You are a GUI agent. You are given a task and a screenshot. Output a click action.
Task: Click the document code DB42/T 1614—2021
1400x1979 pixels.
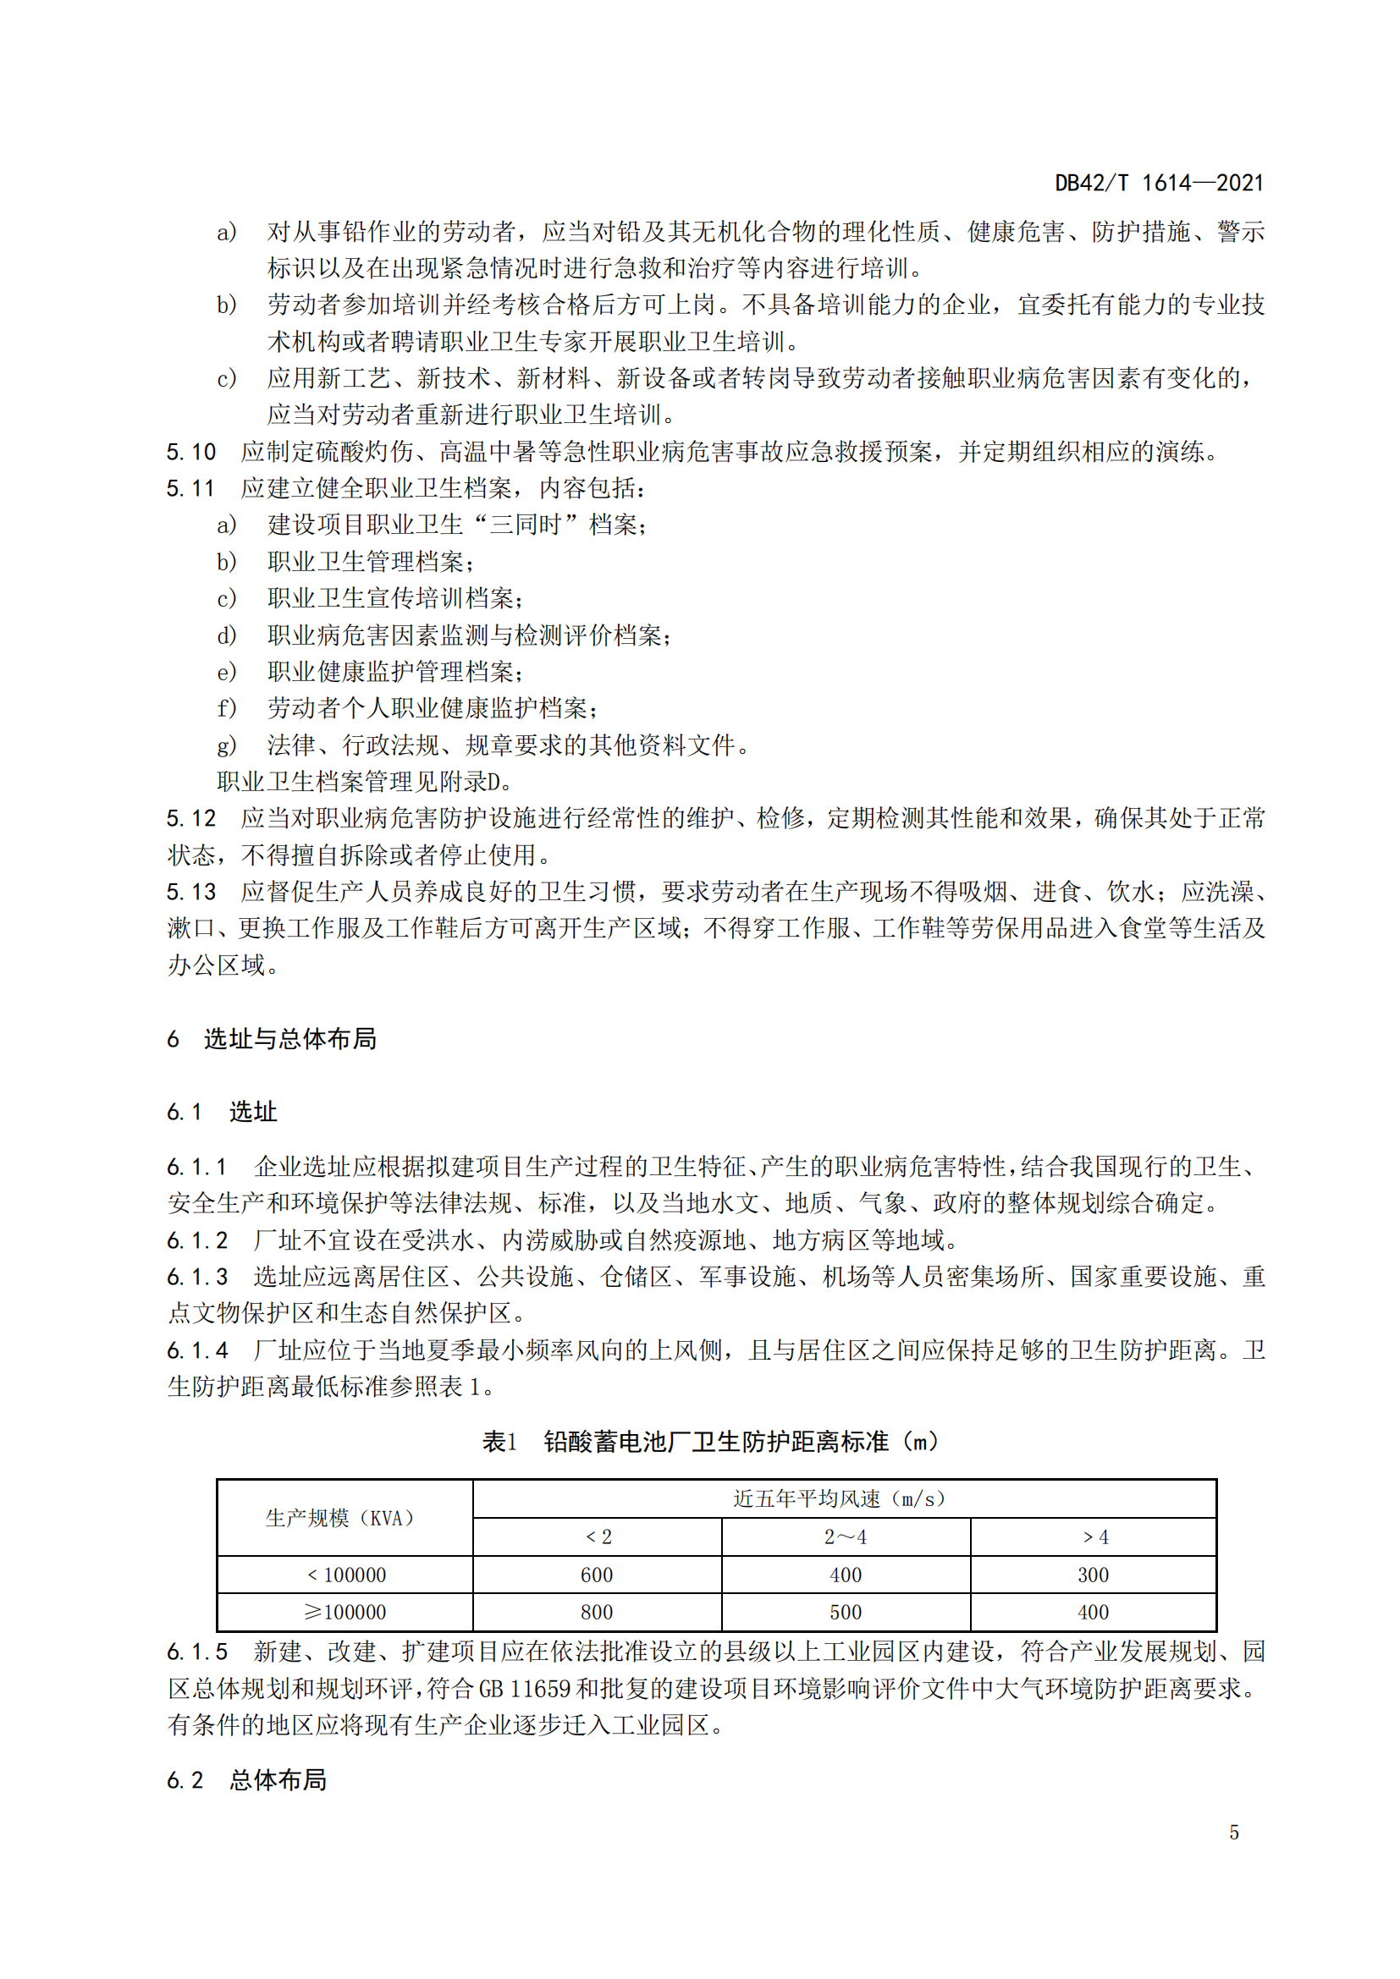1159,183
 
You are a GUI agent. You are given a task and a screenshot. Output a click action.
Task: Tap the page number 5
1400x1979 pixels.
1233,1833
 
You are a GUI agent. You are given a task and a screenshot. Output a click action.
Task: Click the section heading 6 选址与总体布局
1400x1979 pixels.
272,1040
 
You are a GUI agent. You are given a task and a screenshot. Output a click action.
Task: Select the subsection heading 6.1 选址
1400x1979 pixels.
223,1112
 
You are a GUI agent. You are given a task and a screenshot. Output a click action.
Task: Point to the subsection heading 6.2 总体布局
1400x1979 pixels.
246,1780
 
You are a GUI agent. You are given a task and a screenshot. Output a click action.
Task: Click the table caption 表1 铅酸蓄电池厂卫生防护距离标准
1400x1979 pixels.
710,1442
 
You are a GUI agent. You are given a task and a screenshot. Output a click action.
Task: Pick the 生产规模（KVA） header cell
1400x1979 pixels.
344,1518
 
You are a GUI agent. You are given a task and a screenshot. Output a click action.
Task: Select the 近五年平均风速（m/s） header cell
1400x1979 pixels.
844,1499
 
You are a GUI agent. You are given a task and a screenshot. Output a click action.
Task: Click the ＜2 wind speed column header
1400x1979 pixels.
598,1536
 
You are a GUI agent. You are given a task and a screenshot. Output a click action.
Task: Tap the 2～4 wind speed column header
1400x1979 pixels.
845,1536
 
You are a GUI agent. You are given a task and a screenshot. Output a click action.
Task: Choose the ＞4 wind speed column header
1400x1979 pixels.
1093,1536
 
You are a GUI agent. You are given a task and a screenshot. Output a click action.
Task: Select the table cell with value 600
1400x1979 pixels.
597,1575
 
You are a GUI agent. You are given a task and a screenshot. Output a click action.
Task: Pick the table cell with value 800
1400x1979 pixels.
597,1612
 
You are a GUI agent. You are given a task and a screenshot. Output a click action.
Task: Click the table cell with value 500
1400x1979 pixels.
845,1612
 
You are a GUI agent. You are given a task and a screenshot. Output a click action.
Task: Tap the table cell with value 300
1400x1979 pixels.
1093,1575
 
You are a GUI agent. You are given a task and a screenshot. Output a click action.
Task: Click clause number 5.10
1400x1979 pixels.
190,452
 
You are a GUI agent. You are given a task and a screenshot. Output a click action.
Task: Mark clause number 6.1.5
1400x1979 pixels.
197,1652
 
